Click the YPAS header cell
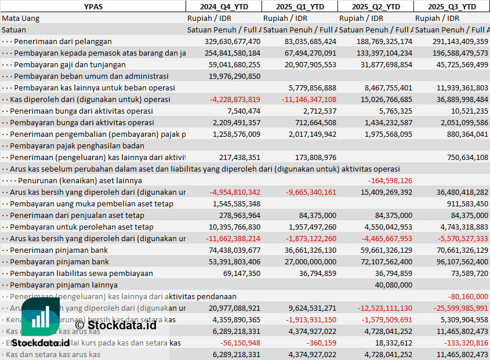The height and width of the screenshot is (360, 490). click(x=93, y=6)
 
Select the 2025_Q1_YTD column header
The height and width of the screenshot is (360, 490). click(x=299, y=6)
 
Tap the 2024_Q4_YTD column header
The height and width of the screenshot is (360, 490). click(x=223, y=6)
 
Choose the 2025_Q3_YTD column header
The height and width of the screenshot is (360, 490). click(x=452, y=6)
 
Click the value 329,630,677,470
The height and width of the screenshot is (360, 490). click(x=232, y=42)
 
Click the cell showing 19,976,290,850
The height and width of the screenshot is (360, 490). click(x=234, y=77)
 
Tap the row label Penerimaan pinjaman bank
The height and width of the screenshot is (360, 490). click(x=58, y=250)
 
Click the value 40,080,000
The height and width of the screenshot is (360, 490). click(x=393, y=285)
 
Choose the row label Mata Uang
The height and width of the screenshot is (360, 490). click(x=20, y=19)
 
